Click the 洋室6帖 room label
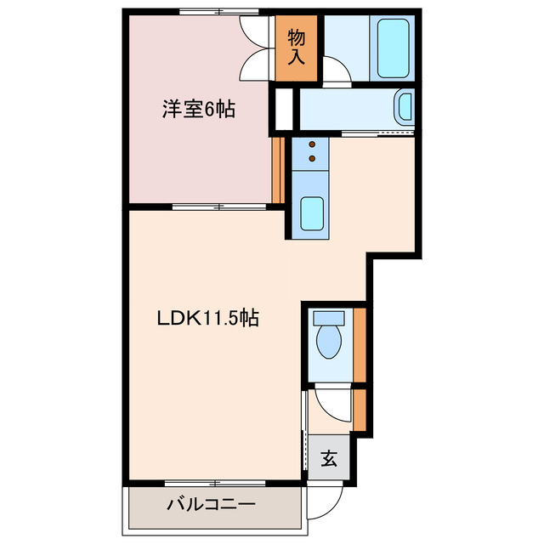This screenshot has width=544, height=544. (x=199, y=109)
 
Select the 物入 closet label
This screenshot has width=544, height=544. (x=297, y=48)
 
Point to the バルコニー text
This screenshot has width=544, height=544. (x=210, y=504)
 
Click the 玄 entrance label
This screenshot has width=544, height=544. (x=328, y=460)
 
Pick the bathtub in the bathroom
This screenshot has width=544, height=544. (x=394, y=48)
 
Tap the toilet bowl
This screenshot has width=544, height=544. (x=327, y=337)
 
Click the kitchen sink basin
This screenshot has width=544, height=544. (x=312, y=215)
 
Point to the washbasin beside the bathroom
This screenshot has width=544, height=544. (x=405, y=107)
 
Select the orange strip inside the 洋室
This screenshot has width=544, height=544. (x=276, y=170)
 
